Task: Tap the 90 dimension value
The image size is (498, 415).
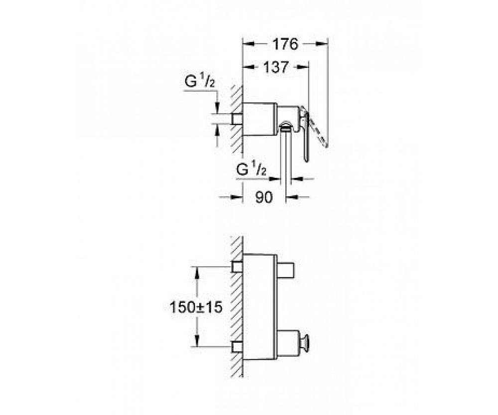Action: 264,198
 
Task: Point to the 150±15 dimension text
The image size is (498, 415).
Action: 196,307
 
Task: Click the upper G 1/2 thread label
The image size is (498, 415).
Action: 200,82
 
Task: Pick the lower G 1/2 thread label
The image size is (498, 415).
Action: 251,170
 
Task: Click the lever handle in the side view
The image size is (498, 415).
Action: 304,133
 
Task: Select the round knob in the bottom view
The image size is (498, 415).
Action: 307,340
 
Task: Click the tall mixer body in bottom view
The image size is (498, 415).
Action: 259,307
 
